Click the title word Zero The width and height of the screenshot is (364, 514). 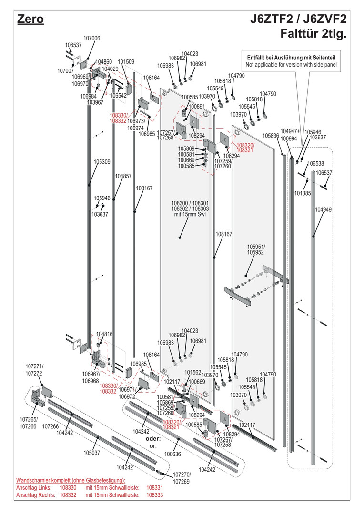click(x=30, y=20)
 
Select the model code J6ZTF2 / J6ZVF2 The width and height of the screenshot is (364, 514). click(x=298, y=20)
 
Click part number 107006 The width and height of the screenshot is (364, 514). click(x=91, y=38)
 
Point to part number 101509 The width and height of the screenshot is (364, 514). click(x=126, y=62)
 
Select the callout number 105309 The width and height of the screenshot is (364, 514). click(x=102, y=162)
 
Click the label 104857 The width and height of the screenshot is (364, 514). click(x=123, y=176)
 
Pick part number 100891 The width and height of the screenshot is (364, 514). click(x=196, y=107)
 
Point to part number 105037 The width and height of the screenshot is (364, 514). click(x=92, y=453)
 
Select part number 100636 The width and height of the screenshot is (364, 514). click(x=173, y=454)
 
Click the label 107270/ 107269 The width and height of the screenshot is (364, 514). click(x=181, y=478)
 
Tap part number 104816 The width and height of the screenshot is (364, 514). click(x=105, y=334)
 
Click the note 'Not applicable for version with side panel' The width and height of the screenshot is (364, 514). click(x=291, y=64)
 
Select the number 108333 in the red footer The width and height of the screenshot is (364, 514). click(x=155, y=495)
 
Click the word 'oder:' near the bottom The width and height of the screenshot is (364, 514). click(x=153, y=438)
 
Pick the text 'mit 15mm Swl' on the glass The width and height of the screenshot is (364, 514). click(x=183, y=215)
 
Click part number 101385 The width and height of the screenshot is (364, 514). click(x=303, y=194)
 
